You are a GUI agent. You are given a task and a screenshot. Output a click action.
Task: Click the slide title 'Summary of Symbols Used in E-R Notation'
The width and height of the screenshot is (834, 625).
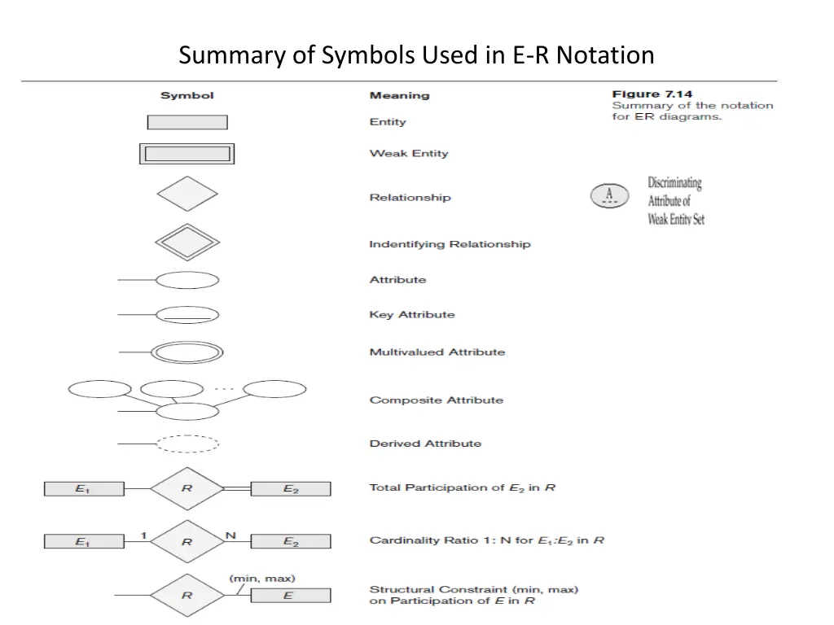(x=416, y=55)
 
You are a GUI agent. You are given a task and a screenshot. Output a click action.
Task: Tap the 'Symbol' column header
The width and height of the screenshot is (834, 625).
(x=187, y=95)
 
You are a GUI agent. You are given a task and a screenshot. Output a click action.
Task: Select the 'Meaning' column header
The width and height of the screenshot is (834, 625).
(x=399, y=95)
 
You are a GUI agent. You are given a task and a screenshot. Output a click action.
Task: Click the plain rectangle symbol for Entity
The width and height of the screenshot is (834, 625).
(x=187, y=122)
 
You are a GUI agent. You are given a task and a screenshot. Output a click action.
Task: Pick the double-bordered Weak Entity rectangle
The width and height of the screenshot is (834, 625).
(x=187, y=154)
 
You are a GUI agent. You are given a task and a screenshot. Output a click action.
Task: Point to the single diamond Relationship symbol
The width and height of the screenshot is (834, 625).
(x=187, y=194)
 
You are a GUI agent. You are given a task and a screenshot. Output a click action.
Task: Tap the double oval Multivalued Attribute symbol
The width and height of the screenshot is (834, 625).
(x=187, y=352)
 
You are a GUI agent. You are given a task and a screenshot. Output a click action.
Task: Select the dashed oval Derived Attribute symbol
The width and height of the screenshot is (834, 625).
(x=187, y=444)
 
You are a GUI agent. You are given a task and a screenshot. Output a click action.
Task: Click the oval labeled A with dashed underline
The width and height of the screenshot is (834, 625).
(x=609, y=196)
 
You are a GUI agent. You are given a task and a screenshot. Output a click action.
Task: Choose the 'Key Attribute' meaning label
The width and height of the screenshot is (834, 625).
(x=412, y=315)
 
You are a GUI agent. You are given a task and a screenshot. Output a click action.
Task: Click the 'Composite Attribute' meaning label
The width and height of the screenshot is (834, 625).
(x=436, y=400)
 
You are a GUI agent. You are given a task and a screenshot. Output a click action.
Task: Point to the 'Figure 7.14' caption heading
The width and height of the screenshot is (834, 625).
(x=652, y=94)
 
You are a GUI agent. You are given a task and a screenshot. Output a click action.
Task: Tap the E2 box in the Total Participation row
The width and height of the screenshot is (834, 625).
(x=291, y=489)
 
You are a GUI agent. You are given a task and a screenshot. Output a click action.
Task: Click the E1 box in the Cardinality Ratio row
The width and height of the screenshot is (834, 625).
(x=83, y=541)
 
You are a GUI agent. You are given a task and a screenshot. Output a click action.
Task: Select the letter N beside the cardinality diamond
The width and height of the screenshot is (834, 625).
(x=230, y=535)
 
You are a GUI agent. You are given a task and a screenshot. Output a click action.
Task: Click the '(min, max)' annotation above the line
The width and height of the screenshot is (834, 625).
(x=262, y=579)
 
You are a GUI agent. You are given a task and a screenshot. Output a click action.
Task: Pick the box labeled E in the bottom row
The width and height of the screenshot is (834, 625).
(x=291, y=596)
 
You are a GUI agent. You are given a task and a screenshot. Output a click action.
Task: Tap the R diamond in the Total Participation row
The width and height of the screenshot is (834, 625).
(x=187, y=489)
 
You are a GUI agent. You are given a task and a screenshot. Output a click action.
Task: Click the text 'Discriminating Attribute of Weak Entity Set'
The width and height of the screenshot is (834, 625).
(x=675, y=201)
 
